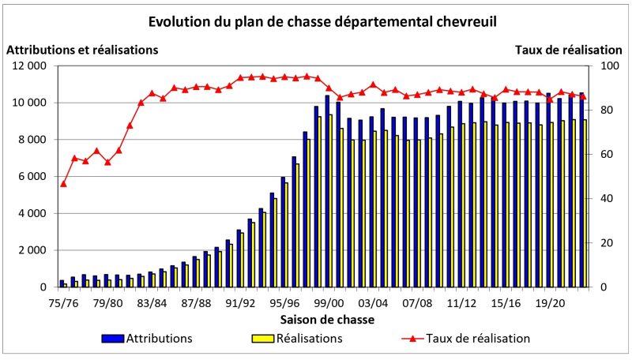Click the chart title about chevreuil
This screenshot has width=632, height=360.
[316, 21]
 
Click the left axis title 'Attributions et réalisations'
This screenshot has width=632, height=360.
[82, 50]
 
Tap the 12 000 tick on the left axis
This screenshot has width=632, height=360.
[28, 66]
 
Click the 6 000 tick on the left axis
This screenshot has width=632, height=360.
[32, 177]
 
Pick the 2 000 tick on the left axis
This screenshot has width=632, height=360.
[32, 250]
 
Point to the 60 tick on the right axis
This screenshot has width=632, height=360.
[607, 155]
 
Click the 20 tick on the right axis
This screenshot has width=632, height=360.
[607, 243]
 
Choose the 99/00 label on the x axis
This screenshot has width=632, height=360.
[328, 302]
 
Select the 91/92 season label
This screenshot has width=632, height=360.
[240, 302]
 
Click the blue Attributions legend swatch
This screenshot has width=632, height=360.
[115, 339]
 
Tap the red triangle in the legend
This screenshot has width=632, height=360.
[412, 338]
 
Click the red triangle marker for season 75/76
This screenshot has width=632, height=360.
[63, 184]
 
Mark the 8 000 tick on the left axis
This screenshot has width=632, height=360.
[32, 140]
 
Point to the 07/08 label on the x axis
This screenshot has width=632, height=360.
[417, 302]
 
